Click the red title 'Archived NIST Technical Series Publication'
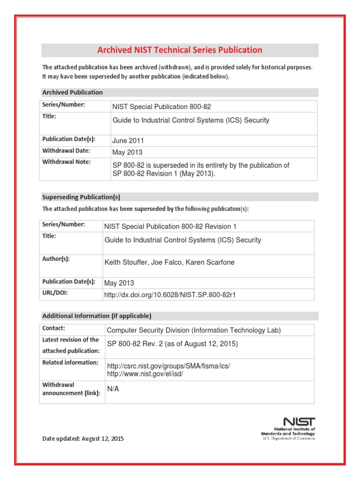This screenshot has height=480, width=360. click(180, 50)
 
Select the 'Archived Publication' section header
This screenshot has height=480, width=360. click(73, 92)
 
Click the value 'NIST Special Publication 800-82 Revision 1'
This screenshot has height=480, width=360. click(170, 226)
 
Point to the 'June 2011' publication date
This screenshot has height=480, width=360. click(128, 141)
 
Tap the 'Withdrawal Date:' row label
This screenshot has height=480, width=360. click(66, 151)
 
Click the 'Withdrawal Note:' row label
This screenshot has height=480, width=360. click(66, 162)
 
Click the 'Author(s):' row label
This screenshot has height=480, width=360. click(56, 259)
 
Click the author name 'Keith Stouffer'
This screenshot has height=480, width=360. click(125, 262)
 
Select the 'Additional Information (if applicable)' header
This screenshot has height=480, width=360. click(97, 316)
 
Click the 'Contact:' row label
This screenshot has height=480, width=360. click(54, 329)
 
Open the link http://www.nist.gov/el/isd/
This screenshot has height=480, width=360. click(145, 374)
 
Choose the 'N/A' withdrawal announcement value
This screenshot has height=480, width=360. click(113, 389)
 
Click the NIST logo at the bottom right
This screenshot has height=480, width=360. click(299, 422)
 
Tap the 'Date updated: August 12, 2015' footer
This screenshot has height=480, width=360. click(83, 439)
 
